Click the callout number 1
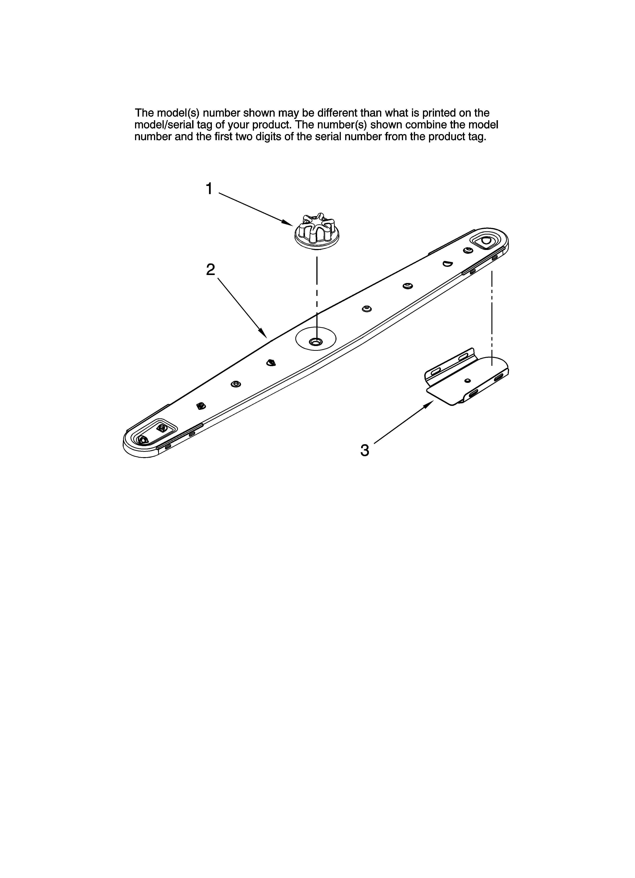point(209,189)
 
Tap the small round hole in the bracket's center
point(468,381)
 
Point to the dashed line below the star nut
point(317,294)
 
